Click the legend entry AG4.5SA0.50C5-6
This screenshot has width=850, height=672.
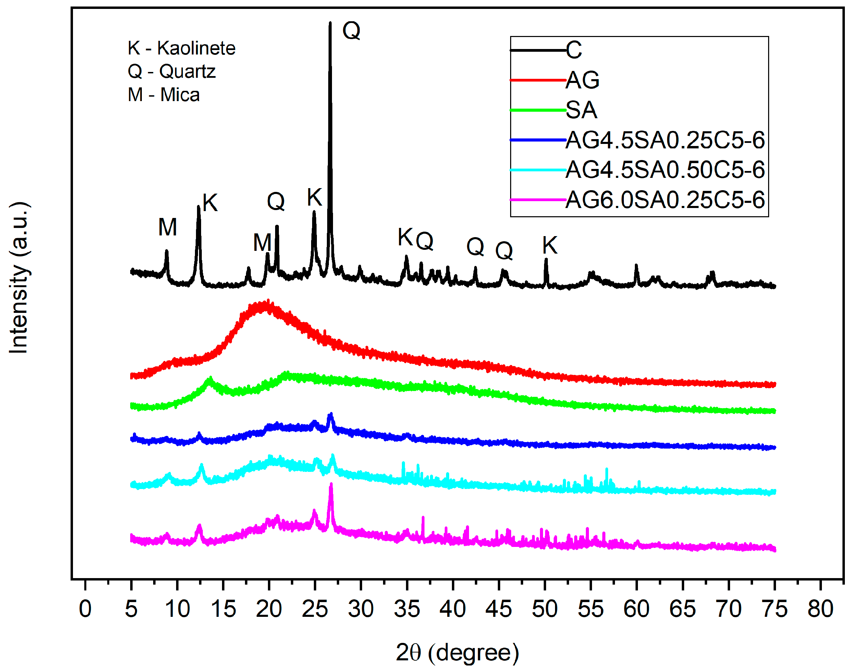point(665,170)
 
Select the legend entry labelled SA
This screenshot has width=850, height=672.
point(581,110)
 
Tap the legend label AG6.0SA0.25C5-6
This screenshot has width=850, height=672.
point(665,200)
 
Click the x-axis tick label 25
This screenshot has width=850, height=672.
point(315,609)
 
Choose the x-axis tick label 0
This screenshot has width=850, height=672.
point(85,609)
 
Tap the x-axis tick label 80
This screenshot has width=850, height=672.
point(820,609)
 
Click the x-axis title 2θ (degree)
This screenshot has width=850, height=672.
point(457,653)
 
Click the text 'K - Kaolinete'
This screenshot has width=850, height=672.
point(181,48)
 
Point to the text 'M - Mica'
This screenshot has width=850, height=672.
point(164,95)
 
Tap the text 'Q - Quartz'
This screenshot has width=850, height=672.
point(172,72)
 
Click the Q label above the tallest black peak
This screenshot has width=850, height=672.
point(351,30)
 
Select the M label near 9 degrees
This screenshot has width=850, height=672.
point(168,227)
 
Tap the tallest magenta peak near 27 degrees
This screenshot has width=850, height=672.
point(331,485)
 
